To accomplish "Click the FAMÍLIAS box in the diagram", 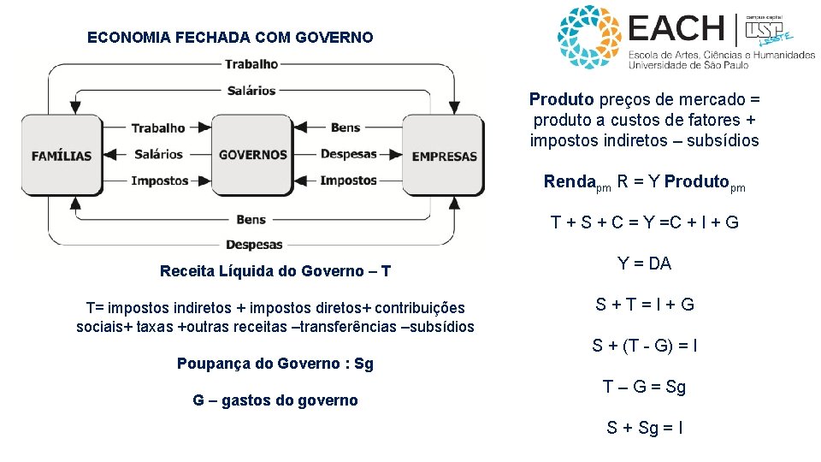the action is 62,156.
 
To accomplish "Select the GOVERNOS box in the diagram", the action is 252,155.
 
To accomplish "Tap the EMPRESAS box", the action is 444,156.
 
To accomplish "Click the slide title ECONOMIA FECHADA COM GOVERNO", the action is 230,38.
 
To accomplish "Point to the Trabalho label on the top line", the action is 251,63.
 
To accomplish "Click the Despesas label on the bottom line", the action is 254,244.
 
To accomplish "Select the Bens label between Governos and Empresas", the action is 346,127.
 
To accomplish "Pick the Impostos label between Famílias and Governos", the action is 159,181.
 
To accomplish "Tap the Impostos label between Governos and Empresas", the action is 348,181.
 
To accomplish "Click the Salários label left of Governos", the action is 158,154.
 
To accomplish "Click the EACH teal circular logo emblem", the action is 589,37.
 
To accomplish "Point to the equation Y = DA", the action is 645,264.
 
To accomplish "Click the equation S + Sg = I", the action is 645,428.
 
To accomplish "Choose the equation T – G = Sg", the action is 645,387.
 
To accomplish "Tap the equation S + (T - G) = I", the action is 645,346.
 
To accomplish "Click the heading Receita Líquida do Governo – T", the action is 275,271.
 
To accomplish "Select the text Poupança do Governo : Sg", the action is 275,363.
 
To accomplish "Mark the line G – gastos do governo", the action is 275,400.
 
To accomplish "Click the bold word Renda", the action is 569,181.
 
